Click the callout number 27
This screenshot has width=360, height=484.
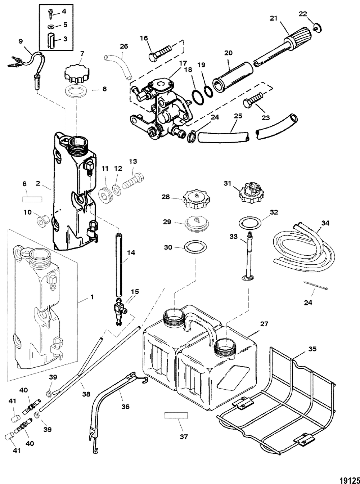[264, 324]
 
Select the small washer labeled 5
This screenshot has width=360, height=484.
[51, 27]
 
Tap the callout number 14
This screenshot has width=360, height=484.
[131, 253]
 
